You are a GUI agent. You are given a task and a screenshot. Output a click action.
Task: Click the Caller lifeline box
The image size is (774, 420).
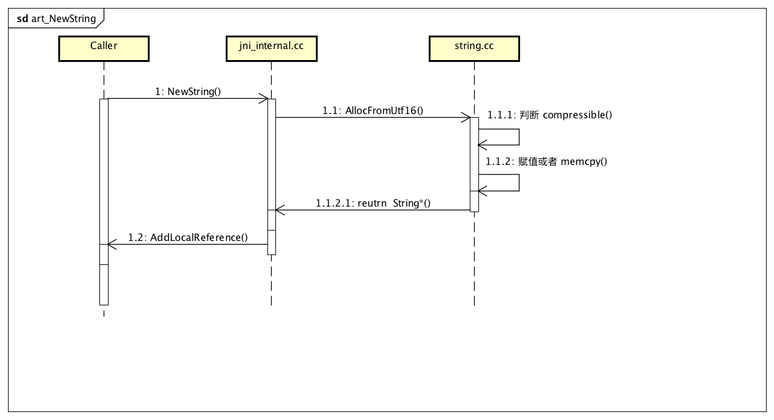[x=104, y=48]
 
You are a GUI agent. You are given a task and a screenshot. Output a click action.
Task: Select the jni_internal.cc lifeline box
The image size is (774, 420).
[x=270, y=48]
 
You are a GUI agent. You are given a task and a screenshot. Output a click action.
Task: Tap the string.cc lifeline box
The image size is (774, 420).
[x=474, y=48]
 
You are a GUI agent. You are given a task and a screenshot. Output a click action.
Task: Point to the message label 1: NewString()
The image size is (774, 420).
[x=188, y=91]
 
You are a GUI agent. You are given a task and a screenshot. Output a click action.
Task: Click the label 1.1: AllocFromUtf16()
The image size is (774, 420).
[x=373, y=111]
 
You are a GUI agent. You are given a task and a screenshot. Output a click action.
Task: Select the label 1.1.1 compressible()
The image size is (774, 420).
[x=550, y=115]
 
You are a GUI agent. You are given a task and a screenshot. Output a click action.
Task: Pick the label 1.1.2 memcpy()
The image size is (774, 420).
[x=546, y=161]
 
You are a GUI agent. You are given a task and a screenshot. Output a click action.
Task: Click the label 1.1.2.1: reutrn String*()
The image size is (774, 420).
[x=373, y=203]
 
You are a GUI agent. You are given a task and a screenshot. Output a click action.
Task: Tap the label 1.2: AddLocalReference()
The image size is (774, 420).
[x=188, y=237]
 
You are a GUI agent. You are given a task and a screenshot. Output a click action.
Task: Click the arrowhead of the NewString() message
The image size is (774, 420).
[x=264, y=98]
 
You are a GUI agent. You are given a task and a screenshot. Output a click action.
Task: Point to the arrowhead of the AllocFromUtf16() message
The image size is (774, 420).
[x=467, y=118]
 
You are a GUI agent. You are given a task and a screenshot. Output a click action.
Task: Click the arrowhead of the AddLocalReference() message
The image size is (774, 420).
[x=112, y=244]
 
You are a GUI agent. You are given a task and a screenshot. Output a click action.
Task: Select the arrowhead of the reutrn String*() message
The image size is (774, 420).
[x=279, y=210]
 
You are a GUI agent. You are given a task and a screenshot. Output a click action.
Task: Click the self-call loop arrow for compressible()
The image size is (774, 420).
[x=519, y=137]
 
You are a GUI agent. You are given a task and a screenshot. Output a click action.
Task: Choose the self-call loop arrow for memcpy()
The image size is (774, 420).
[x=519, y=183]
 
